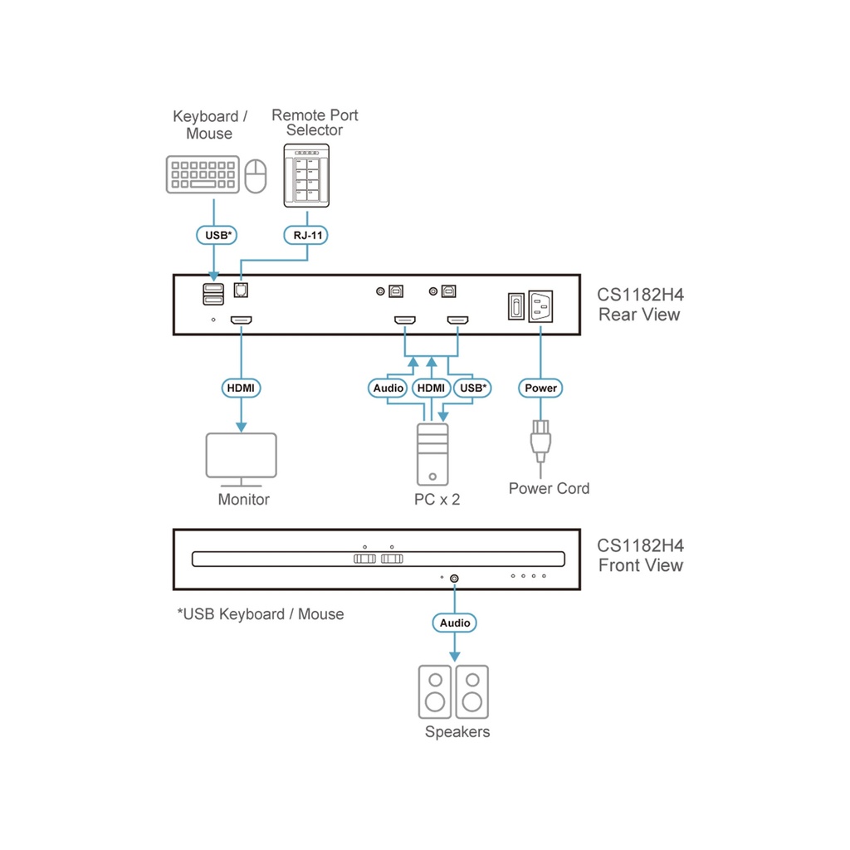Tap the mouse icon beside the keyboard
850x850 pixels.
coord(258,174)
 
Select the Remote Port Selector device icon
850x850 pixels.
coord(306,175)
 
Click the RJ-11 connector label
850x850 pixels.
coord(306,236)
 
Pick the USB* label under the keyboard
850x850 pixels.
coord(217,236)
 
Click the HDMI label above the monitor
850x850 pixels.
coord(242,388)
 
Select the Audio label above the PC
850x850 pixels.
coord(388,388)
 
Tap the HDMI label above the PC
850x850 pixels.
coord(431,388)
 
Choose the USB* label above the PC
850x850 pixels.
coord(473,388)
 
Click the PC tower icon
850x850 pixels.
coord(432,454)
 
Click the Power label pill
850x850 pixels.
coord(540,388)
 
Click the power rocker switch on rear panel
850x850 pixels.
coord(515,306)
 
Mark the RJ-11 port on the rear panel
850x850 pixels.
coord(242,291)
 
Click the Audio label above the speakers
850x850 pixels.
coord(454,623)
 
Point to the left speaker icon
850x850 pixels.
coord(434,691)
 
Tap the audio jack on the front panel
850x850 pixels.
coord(454,578)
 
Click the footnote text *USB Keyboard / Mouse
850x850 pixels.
coord(261,614)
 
